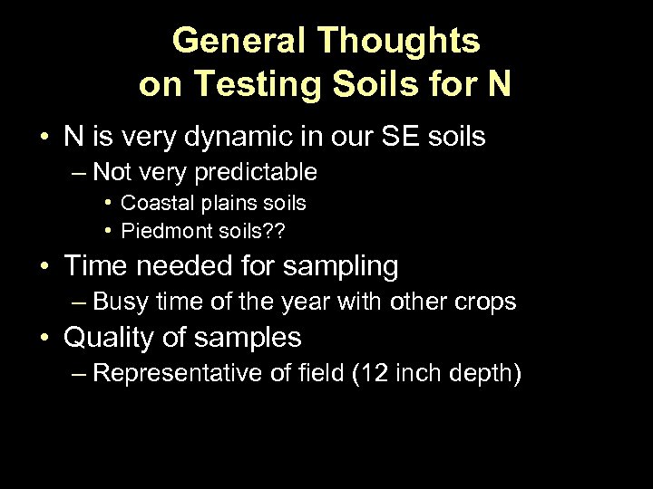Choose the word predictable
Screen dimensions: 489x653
(x=264, y=171)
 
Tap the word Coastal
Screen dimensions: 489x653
(x=154, y=203)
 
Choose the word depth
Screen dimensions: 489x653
(x=485, y=372)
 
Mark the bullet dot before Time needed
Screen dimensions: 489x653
(x=44, y=266)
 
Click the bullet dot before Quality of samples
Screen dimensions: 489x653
(x=44, y=338)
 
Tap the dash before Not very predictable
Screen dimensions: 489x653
(x=80, y=171)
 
